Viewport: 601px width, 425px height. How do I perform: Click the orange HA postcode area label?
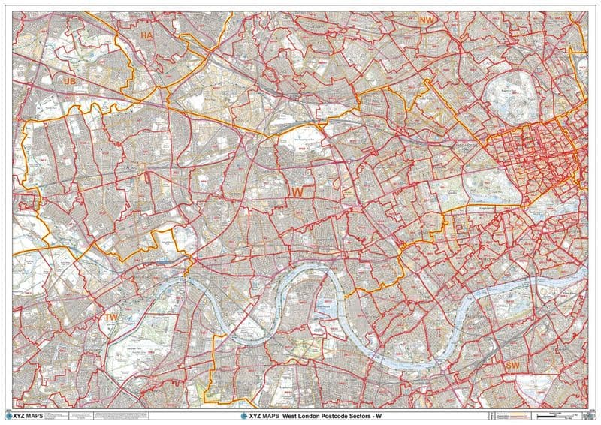tap(146, 35)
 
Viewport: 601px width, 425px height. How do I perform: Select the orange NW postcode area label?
tap(427, 20)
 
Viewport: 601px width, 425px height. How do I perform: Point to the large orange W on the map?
tap(297, 193)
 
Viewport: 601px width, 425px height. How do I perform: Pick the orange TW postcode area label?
tap(111, 318)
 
